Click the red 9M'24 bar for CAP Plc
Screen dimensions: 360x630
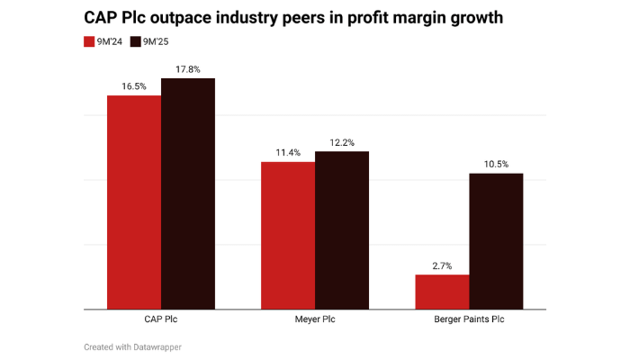click(x=134, y=202)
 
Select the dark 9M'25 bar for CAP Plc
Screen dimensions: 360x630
click(x=188, y=193)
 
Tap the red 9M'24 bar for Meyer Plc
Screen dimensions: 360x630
click(x=288, y=236)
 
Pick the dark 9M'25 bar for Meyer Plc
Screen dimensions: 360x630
click(x=342, y=230)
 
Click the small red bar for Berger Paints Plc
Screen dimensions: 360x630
click(x=442, y=292)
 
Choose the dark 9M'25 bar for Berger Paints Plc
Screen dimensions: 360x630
click(x=496, y=241)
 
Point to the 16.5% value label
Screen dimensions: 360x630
click(x=134, y=86)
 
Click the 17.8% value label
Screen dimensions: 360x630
click(x=188, y=69)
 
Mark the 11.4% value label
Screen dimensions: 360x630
click(x=288, y=153)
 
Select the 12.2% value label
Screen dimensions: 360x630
click(x=342, y=142)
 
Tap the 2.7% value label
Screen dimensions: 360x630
click(x=442, y=265)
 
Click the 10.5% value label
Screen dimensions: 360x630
click(x=496, y=164)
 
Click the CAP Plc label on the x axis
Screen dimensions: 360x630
click(x=161, y=320)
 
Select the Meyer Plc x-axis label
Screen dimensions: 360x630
click(x=315, y=320)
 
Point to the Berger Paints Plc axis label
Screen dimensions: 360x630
click(x=469, y=320)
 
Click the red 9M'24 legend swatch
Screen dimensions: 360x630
click(x=89, y=41)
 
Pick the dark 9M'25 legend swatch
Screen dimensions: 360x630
click(x=136, y=41)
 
